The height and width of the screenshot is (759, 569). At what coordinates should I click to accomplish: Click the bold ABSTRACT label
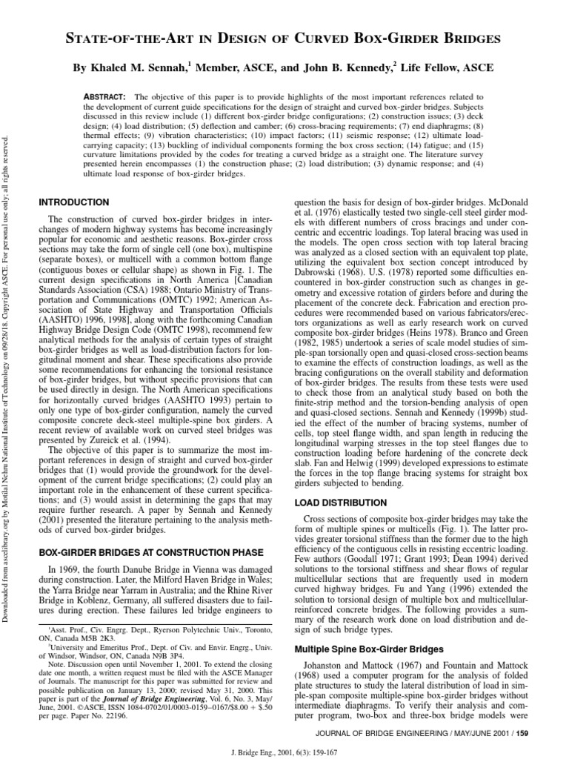coord(106,96)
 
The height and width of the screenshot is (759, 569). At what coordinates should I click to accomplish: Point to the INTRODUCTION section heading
coord(73,202)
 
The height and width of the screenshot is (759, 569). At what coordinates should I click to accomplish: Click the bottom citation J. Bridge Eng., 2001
coord(284,750)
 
